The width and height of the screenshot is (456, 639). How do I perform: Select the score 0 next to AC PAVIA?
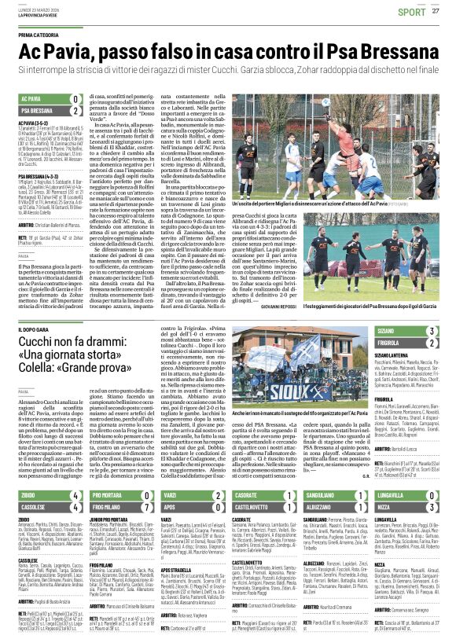click(x=75, y=98)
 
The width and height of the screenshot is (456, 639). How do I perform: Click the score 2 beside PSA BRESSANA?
click(x=75, y=111)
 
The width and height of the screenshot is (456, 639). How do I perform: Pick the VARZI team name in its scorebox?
click(x=168, y=450)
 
